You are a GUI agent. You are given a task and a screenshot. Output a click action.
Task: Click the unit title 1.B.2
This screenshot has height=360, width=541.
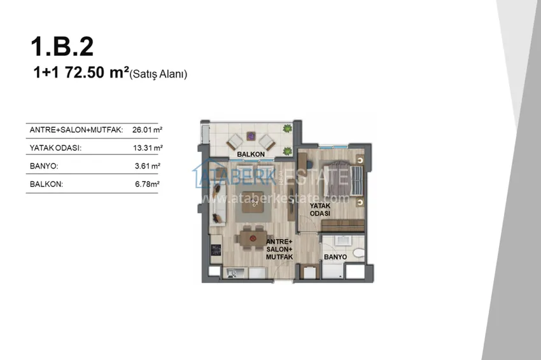(62, 46)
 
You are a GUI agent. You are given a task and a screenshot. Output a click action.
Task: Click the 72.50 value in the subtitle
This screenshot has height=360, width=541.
(85, 73)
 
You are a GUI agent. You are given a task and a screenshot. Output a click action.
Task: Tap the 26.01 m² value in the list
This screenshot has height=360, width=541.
(147, 130)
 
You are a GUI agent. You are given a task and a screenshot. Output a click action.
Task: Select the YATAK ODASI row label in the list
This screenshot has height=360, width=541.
(55, 148)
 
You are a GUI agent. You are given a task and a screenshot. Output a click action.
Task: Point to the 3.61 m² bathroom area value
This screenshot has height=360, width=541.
(148, 166)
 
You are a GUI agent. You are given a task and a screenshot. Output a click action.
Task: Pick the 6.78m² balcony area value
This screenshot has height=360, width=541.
(147, 184)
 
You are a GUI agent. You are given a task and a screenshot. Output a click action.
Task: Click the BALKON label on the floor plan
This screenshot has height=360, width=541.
(251, 154)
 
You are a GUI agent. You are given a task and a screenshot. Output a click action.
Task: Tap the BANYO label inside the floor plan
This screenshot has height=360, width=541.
(335, 257)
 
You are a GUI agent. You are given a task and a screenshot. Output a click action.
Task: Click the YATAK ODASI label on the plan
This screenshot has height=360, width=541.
(320, 209)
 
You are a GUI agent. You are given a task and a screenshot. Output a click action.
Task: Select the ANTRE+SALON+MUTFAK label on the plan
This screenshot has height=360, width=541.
(279, 249)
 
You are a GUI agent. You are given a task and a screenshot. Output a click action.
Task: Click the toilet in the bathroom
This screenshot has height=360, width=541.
(359, 253)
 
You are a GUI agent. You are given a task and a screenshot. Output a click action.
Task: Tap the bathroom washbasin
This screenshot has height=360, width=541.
(343, 240)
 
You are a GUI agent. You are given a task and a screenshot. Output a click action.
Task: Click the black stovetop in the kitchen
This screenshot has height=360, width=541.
(216, 250)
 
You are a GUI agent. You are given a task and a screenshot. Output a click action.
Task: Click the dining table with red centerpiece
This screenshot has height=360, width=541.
(253, 239)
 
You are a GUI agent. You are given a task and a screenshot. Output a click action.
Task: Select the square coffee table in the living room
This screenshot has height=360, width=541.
(253, 202)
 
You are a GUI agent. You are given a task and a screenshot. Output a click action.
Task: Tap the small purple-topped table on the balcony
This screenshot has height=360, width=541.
(251, 136)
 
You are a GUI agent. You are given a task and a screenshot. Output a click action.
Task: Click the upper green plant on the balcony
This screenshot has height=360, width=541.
(287, 128)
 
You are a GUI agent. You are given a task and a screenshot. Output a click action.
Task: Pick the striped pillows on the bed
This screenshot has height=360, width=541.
(356, 181)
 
